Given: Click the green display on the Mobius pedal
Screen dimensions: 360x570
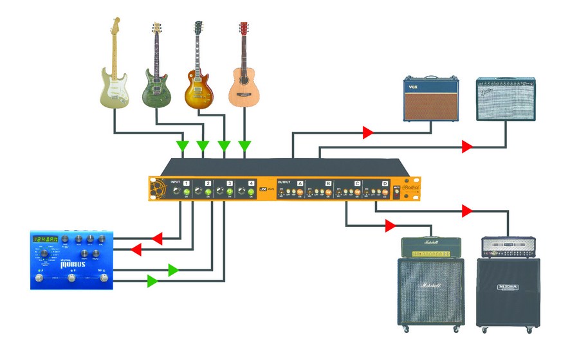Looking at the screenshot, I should point(46,239).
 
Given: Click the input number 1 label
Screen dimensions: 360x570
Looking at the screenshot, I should point(187,183).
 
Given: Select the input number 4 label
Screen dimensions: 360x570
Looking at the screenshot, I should point(251,183).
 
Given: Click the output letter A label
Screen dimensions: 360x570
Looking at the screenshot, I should point(300,183).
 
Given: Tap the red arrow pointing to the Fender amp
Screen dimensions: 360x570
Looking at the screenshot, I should point(467,147).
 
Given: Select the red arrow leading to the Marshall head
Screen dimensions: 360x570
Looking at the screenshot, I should point(391,226).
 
